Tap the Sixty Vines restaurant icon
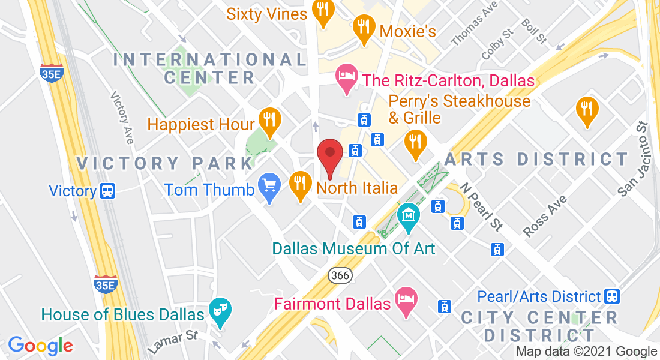coord(323,11)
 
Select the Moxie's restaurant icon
coord(363,28)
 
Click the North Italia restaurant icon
coord(299,185)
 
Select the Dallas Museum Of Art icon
coord(409,217)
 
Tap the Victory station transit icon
coord(107,191)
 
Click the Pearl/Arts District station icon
coord(612,296)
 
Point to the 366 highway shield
coord(340,275)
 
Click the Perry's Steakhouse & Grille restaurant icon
coord(415,144)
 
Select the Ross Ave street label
coord(544,216)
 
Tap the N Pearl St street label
coord(481,206)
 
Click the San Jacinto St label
coord(635,158)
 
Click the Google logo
coord(40,345)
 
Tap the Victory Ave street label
coord(122,118)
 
